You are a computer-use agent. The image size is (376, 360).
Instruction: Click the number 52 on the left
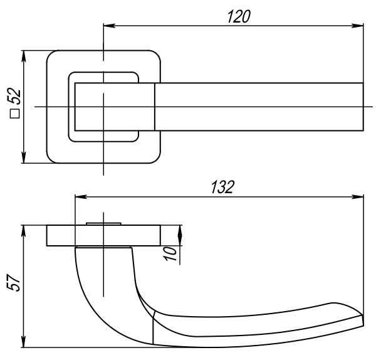(14, 97)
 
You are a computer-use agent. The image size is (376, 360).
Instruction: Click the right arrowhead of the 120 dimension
(359, 26)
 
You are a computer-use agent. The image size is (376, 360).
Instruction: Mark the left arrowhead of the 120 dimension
(107, 26)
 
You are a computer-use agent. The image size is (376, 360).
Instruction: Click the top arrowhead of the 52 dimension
(24, 55)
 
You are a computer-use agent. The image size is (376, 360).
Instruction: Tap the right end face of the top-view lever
(363, 107)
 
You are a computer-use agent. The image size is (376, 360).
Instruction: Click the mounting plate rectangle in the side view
(63, 235)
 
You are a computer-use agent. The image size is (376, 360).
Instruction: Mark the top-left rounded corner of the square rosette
(52, 55)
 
